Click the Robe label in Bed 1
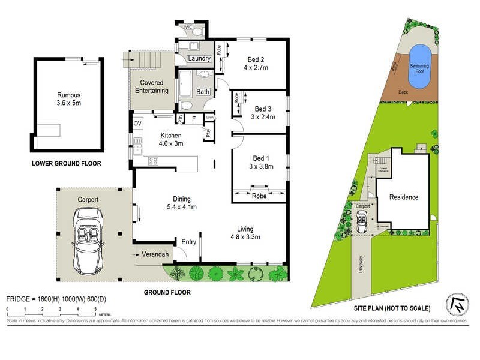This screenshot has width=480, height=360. click(x=259, y=196)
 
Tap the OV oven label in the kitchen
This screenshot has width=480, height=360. click(x=137, y=124)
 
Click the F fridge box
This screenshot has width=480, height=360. click(x=193, y=119)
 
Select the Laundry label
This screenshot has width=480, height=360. click(x=199, y=58)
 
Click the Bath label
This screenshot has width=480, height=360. click(x=202, y=92)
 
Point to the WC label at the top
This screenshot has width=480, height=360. click(x=188, y=27)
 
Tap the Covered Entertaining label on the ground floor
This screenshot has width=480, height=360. click(x=154, y=86)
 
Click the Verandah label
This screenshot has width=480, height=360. click(x=154, y=255)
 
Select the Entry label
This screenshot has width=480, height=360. click(x=188, y=242)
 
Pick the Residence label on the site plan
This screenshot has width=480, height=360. click(x=404, y=197)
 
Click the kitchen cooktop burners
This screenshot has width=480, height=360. click(x=152, y=161)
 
